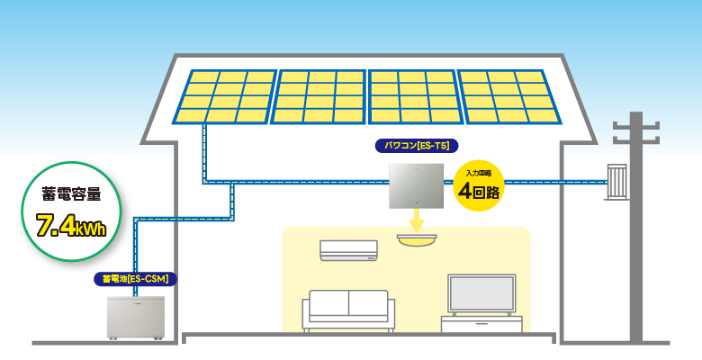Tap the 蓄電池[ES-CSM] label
(x=136, y=279)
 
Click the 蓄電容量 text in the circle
(x=71, y=193)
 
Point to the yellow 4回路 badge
(x=477, y=186)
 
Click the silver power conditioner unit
(x=417, y=186)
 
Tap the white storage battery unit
(x=136, y=316)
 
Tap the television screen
(x=481, y=294)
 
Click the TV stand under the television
(x=481, y=324)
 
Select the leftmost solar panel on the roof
(x=225, y=96)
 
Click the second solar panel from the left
(x=319, y=96)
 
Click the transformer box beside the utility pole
(x=616, y=183)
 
